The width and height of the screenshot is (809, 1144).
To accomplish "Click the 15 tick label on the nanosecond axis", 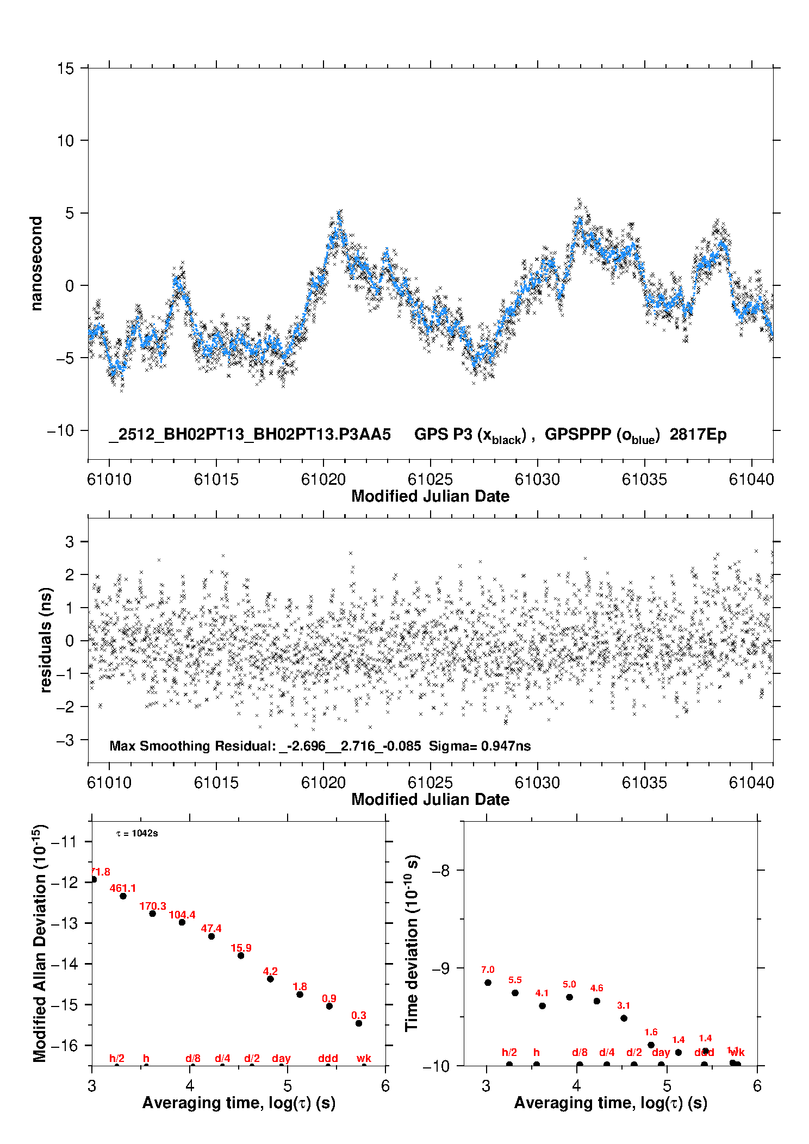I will click(65, 68).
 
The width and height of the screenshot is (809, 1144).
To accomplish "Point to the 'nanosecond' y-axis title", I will click(36, 264).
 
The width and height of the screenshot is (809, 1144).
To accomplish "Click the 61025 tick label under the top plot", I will click(430, 479).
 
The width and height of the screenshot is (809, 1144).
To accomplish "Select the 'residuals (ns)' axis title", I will click(46, 640).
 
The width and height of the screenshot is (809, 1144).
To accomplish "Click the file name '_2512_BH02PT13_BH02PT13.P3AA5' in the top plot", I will click(250, 434).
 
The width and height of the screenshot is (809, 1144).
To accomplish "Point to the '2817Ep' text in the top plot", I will click(698, 434).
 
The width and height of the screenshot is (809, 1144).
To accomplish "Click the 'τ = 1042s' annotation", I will click(137, 834).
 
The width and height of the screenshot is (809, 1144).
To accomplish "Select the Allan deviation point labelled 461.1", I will click(123, 896).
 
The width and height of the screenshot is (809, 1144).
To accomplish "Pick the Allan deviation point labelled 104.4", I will click(182, 922).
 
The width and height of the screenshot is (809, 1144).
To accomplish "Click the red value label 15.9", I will click(241, 948).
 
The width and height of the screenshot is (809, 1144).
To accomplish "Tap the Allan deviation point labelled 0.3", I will click(359, 1023).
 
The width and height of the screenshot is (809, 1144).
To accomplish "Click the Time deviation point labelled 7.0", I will click(488, 983).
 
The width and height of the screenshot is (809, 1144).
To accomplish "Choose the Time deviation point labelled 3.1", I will click(624, 1018).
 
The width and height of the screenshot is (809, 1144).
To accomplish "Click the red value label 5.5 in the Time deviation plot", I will click(515, 980).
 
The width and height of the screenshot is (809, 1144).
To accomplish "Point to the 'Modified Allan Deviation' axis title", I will click(40, 943).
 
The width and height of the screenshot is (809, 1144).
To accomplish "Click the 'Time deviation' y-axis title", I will click(412, 943).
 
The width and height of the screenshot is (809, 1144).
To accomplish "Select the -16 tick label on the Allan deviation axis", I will click(64, 1045).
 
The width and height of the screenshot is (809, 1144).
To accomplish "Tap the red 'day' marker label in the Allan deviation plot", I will click(281, 1058).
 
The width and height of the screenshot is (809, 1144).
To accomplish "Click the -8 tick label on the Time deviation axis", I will click(439, 871).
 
